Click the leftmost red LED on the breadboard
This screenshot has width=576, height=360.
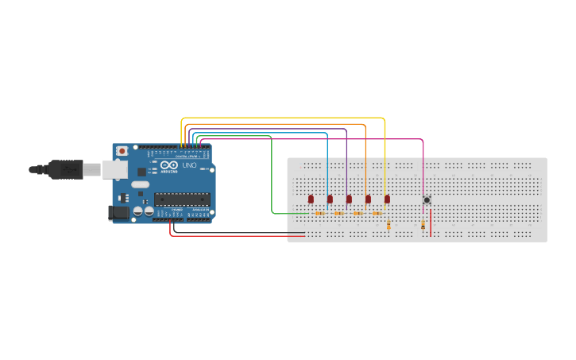click(311, 199)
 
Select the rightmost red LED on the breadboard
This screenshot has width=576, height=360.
click(387, 199)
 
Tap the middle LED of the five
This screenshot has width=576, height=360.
click(349, 199)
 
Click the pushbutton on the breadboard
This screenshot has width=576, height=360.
click(427, 200)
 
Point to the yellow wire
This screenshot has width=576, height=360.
click(286, 118)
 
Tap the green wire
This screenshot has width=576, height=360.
click(272, 175)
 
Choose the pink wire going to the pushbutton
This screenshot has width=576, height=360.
click(318, 139)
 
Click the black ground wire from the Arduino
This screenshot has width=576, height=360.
click(238, 233)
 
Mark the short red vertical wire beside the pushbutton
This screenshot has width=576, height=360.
click(431, 223)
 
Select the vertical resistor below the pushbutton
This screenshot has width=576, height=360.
click(423, 226)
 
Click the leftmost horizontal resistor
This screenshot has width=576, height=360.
click(319, 213)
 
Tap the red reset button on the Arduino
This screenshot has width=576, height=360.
click(122, 151)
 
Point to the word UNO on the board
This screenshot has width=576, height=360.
click(189, 165)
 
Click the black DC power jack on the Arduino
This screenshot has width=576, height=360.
click(118, 212)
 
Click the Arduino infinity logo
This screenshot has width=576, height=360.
click(169, 165)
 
